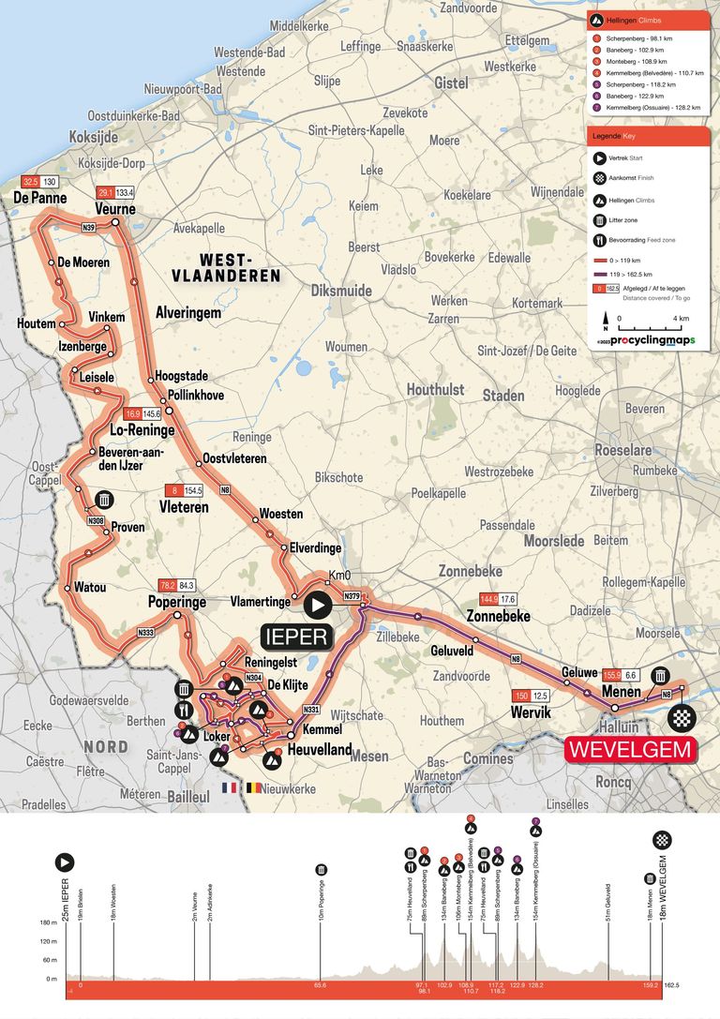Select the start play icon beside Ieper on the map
(x=317, y=607)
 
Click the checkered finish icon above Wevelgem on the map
(x=682, y=718)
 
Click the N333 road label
(x=145, y=634)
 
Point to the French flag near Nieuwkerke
(x=228, y=788)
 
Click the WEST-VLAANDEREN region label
(x=225, y=267)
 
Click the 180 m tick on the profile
(x=49, y=922)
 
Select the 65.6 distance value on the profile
(x=320, y=985)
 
